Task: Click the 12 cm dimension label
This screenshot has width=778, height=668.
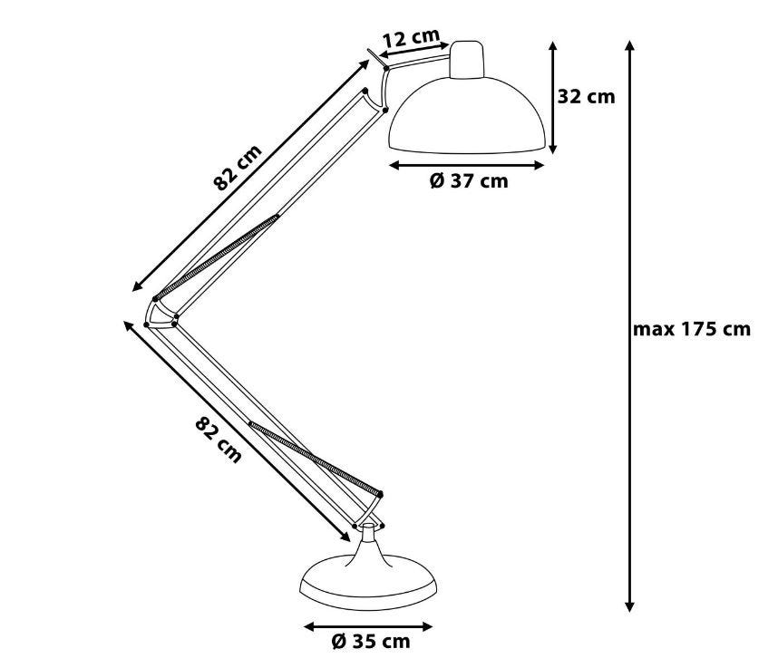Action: tap(412, 36)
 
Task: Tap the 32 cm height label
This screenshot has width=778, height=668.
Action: tap(586, 96)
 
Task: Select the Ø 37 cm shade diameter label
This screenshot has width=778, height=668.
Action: tap(469, 181)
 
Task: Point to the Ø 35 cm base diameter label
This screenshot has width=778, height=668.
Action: tap(371, 641)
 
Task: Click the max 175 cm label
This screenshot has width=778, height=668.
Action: tap(692, 329)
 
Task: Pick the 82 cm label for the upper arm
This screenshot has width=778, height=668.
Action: tap(238, 168)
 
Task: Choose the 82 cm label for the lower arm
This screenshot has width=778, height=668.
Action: tap(219, 440)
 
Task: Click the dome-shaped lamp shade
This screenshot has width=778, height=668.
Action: tap(468, 114)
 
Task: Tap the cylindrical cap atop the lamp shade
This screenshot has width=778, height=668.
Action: tap(466, 59)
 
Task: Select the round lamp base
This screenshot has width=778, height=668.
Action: tap(369, 583)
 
